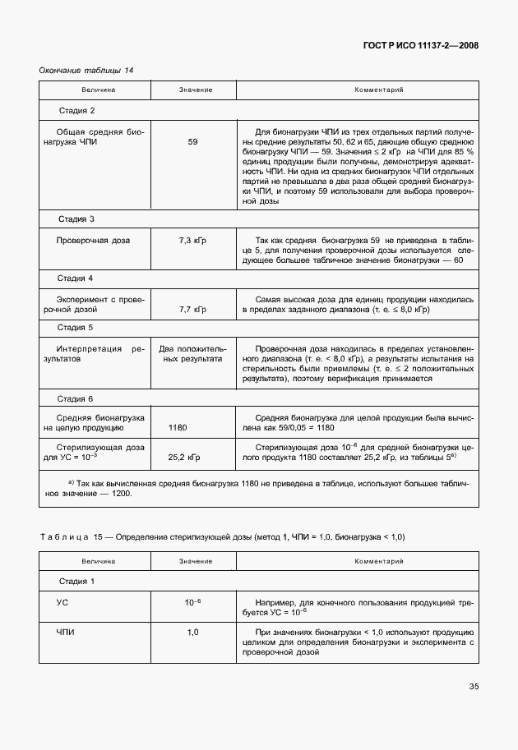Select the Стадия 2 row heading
[x=76, y=110]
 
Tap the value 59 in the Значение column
[x=192, y=142]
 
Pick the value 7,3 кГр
[x=192, y=240]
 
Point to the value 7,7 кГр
[x=192, y=311]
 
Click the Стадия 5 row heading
[x=76, y=328]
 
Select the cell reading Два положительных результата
[x=192, y=354]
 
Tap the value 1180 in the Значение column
[x=178, y=428]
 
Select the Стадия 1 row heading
[x=76, y=582]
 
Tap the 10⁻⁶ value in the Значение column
[x=192, y=602]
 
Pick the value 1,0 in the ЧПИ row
[x=192, y=633]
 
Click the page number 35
[x=474, y=686]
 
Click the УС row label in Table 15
[x=62, y=602]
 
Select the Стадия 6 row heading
[x=76, y=398]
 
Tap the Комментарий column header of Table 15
[x=378, y=561]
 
